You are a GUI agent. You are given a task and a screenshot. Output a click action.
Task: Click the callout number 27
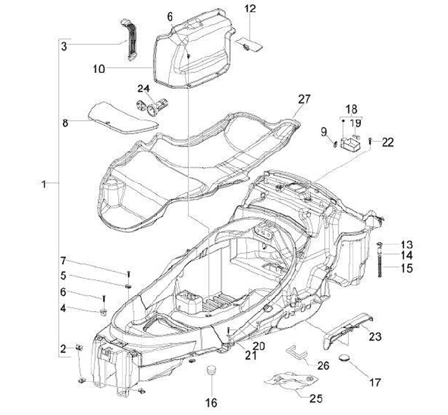(303, 99)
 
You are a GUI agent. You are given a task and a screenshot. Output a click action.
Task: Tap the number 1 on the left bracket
(43, 184)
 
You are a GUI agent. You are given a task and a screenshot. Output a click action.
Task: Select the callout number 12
(250, 9)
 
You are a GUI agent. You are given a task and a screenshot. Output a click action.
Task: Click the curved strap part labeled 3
(131, 41)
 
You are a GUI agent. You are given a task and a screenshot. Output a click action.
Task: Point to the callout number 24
(144, 88)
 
